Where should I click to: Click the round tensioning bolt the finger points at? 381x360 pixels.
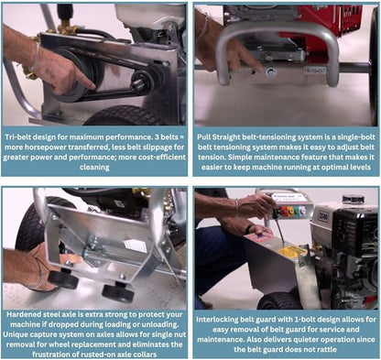[x=271, y=72]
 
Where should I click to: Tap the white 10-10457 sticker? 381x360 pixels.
[x=315, y=71]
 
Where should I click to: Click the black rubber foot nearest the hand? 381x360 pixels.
[x=63, y=279]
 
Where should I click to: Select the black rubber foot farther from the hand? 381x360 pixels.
[x=118, y=293]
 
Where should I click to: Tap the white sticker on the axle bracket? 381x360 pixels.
[x=136, y=245]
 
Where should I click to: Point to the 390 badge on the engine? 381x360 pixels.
[x=323, y=217]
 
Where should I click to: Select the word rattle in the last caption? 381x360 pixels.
[x=326, y=349]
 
